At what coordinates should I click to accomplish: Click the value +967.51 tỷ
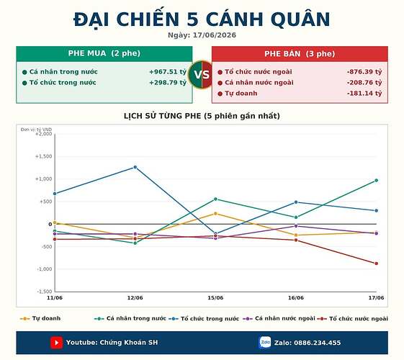168,72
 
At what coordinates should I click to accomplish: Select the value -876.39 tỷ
364,72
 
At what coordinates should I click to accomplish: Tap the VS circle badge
202,75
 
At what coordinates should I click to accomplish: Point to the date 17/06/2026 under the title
215,35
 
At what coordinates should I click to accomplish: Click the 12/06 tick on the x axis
135,297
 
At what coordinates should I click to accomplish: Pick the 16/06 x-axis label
296,297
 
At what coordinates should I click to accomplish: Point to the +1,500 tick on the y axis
43,156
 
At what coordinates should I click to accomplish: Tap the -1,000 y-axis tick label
44,269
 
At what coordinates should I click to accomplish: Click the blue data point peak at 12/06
135,167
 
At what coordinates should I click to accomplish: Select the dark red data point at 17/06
377,264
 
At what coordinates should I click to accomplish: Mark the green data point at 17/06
377,181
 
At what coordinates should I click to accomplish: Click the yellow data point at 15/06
215,213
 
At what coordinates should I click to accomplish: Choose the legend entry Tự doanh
40,318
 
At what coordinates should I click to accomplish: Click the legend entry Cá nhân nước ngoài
279,318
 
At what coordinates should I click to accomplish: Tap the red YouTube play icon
56,343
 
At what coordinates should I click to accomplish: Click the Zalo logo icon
265,343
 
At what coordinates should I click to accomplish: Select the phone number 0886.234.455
317,343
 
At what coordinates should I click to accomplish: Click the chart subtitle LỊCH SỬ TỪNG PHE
162,116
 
